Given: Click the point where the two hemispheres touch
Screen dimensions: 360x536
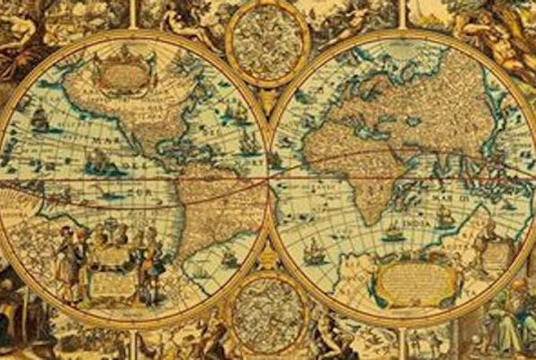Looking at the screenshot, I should tap(268, 179).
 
